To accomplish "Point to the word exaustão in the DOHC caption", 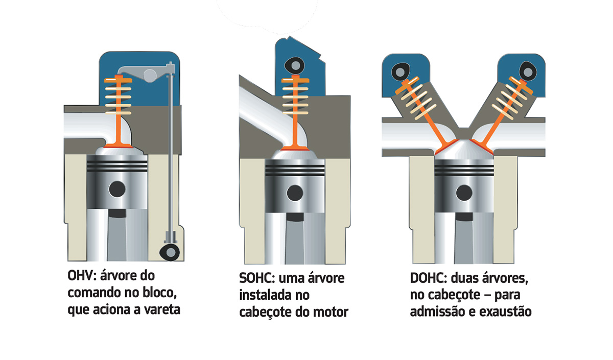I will coord(505,311).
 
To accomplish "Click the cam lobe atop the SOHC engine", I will coord(295,64).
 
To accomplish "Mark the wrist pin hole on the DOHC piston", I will coord(464,193).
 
